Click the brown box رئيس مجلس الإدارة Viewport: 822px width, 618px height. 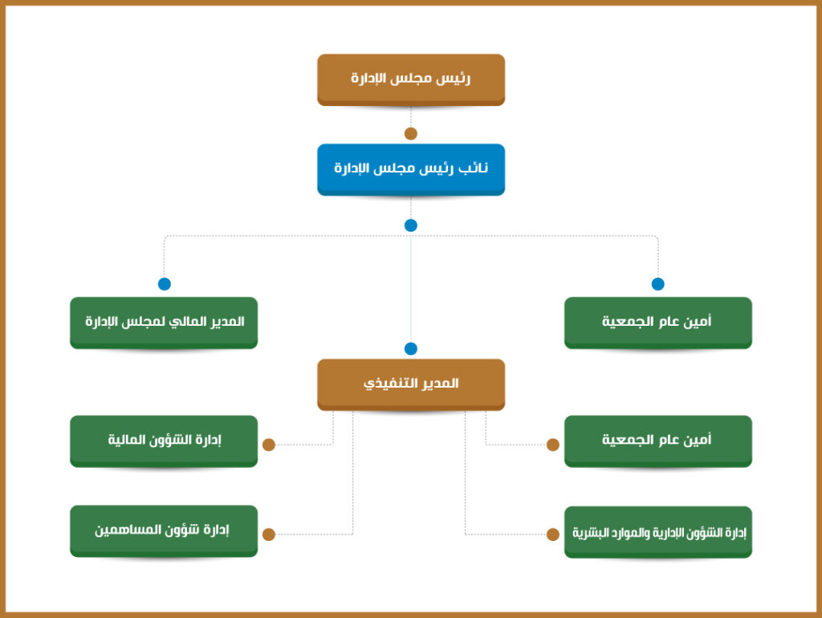click(411, 79)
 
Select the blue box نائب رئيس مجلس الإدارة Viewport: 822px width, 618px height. click(411, 169)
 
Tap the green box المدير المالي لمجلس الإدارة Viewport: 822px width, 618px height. click(164, 323)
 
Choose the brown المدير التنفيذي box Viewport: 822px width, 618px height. click(411, 384)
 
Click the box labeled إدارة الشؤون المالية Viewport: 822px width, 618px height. click(164, 441)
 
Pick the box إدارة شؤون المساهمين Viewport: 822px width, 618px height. click(164, 531)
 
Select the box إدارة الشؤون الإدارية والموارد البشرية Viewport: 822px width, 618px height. click(658, 532)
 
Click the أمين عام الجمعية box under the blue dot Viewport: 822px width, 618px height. click(658, 323)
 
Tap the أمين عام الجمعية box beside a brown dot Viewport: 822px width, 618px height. click(658, 441)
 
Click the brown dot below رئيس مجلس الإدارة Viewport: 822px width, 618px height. click(411, 134)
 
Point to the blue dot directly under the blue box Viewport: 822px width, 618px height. click(411, 226)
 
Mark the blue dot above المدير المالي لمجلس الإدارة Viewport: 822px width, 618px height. click(164, 283)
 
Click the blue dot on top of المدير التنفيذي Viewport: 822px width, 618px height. click(411, 348)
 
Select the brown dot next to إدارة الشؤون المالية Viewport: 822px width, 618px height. click(269, 445)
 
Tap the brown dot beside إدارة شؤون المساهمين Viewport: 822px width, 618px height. click(269, 535)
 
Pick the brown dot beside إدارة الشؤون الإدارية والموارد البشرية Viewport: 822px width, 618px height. click(552, 535)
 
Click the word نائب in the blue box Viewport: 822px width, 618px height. click(473, 168)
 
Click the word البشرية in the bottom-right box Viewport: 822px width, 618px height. click(591, 533)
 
